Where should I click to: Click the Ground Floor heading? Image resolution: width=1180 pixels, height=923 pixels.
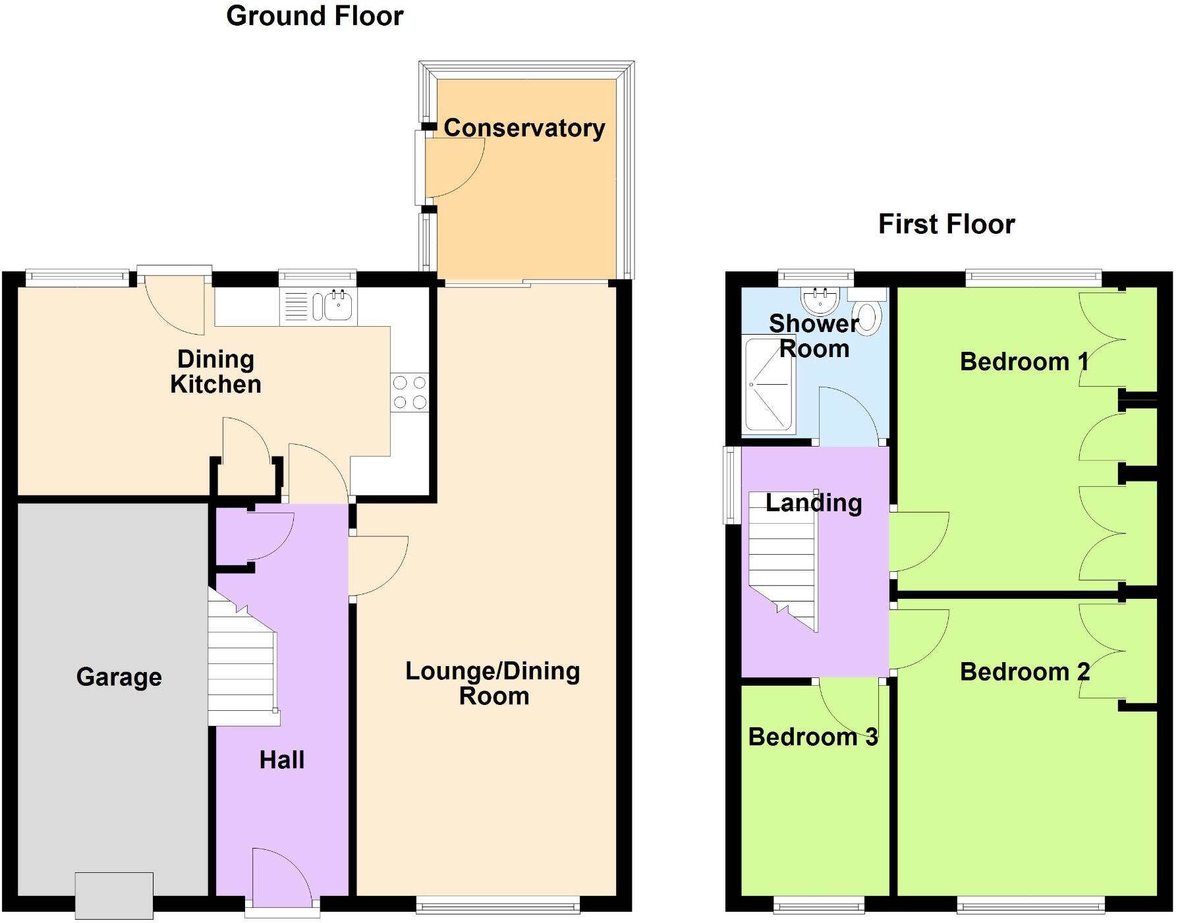[314, 16]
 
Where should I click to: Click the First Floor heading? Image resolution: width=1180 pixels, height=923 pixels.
[946, 224]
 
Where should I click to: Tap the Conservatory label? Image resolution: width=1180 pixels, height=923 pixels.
[524, 128]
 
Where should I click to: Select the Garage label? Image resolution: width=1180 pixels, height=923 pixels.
[119, 677]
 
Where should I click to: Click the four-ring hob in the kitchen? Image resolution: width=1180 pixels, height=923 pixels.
[409, 392]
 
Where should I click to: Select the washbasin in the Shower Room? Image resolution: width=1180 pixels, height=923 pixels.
[820, 300]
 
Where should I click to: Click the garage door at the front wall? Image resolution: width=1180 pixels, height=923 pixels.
[114, 895]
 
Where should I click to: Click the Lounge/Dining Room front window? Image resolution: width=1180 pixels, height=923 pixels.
[497, 907]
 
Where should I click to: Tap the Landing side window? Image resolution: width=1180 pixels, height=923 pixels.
[731, 485]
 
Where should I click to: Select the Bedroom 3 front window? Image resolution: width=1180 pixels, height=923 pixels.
[818, 907]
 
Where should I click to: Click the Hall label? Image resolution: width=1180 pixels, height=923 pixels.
[281, 760]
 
